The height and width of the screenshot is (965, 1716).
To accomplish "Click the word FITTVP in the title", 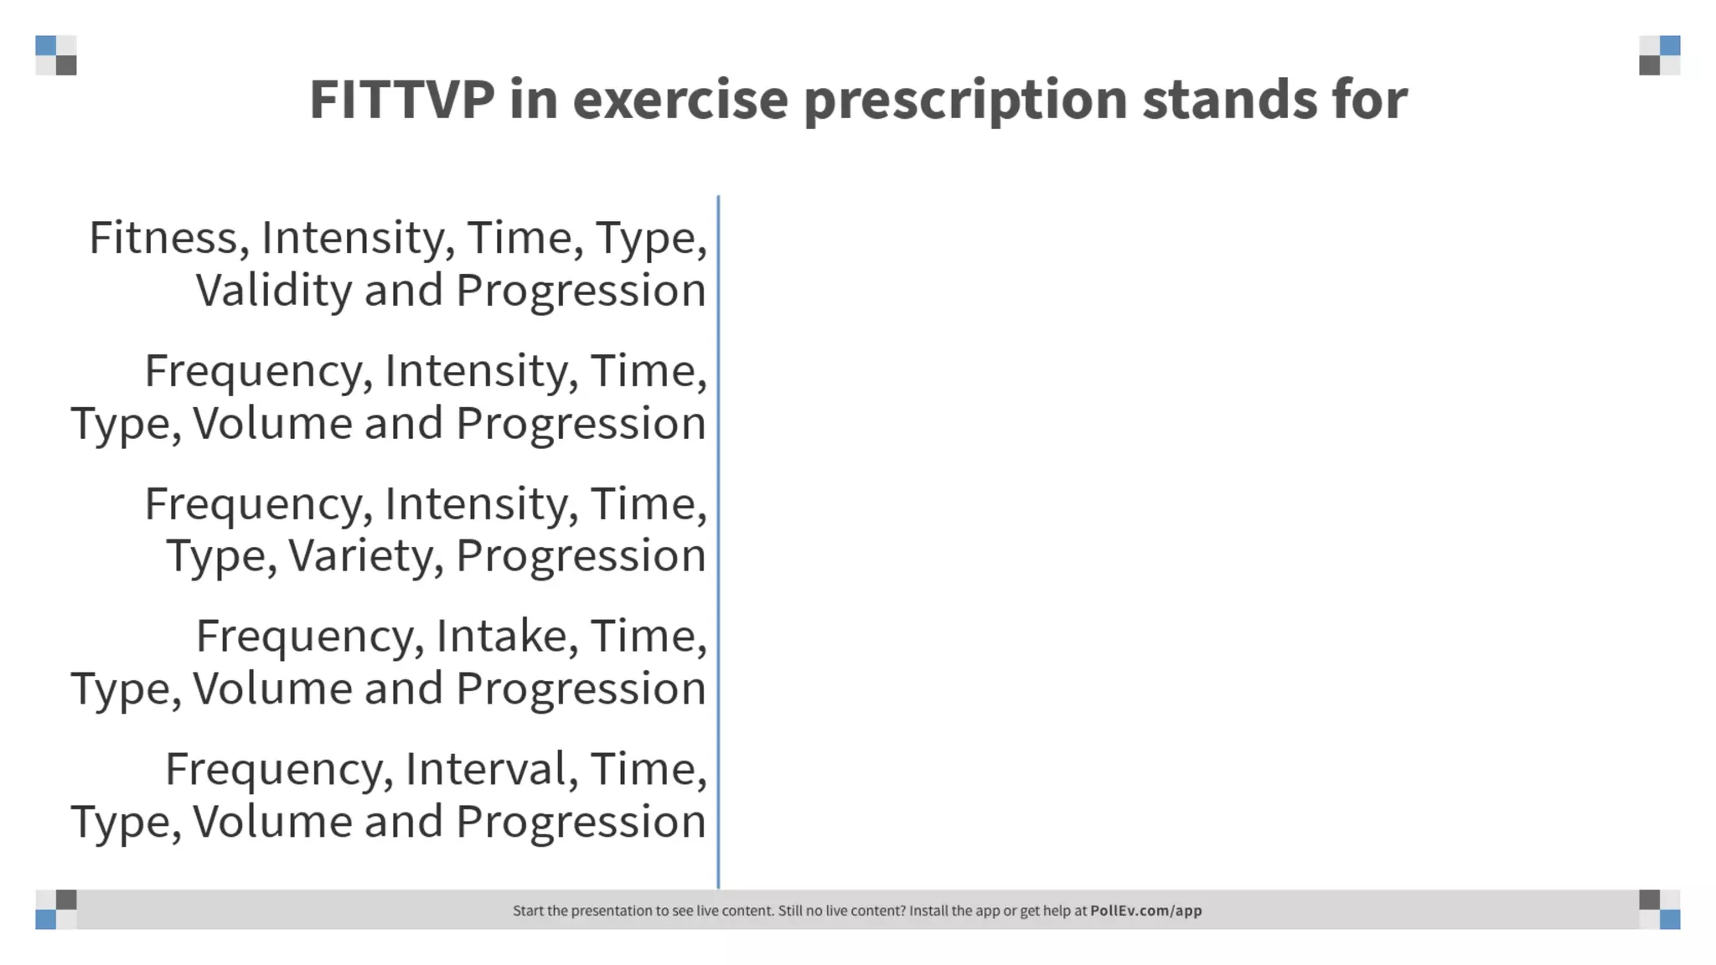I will tap(402, 100).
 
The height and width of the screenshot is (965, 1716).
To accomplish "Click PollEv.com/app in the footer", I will tap(1145, 911).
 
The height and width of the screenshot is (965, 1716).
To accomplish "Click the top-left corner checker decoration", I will tap(56, 55).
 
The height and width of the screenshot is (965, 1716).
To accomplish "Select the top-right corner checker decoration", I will tap(1659, 55).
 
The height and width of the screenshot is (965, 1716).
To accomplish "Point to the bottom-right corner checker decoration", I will tap(1659, 910).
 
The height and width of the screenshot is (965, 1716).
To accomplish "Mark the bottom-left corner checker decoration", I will tap(56, 910).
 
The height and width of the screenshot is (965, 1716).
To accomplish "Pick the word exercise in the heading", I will tap(680, 100).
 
